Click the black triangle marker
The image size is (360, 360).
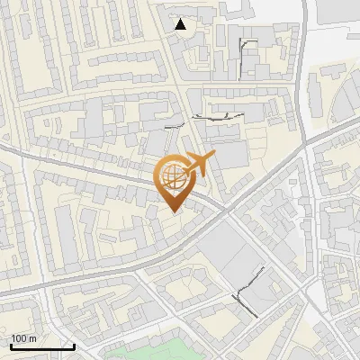coord(181,24)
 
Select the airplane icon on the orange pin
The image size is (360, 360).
coord(198,165)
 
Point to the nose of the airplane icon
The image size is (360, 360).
coord(214,157)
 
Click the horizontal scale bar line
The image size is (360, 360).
coord(42,346)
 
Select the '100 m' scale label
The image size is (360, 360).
coord(24,338)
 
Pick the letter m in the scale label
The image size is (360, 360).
coord(34,338)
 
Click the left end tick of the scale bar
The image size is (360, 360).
coord(11,345)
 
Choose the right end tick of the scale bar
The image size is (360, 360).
coord(74,345)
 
